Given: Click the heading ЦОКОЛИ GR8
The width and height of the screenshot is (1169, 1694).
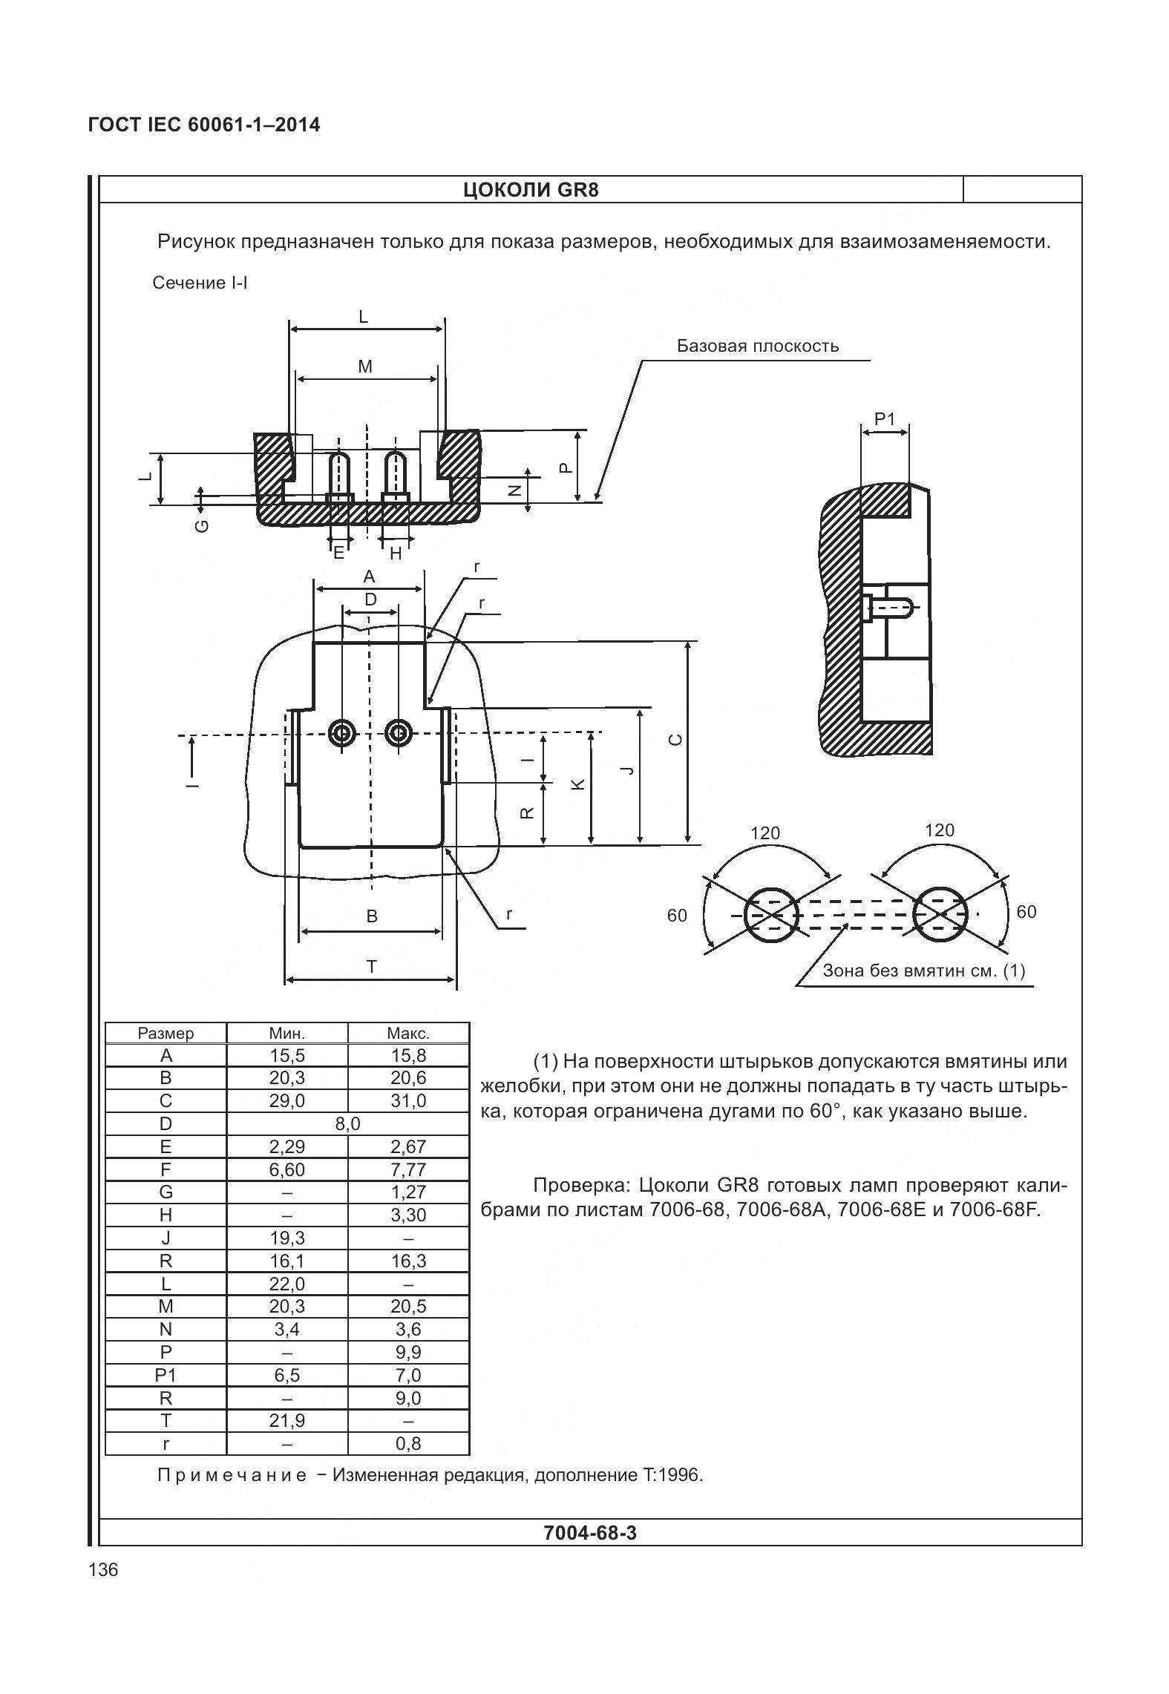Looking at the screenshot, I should (x=530, y=190).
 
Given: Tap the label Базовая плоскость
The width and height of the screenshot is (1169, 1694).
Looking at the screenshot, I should (x=757, y=346).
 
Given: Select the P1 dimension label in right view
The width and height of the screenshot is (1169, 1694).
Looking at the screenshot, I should (x=885, y=419).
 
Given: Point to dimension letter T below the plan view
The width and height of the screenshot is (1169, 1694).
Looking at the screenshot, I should (x=371, y=966).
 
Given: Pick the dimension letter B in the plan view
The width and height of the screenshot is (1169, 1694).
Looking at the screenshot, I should (x=372, y=916).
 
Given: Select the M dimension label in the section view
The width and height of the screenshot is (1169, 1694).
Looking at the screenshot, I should (x=364, y=367).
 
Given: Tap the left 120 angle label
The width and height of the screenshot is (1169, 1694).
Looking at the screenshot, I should (x=764, y=833).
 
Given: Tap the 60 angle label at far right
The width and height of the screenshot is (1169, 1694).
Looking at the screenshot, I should (x=1026, y=912).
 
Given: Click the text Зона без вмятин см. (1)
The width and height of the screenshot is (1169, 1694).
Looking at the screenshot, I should (x=923, y=971).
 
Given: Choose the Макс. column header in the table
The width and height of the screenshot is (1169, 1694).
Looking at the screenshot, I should (x=408, y=1034).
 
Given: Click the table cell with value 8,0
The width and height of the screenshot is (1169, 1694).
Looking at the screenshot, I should (x=347, y=1124).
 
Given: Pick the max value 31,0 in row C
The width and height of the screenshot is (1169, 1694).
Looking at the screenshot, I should (x=408, y=1101).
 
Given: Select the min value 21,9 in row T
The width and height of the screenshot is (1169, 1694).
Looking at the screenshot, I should (x=286, y=1420).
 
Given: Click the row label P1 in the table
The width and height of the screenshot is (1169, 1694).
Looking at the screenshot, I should (x=166, y=1375).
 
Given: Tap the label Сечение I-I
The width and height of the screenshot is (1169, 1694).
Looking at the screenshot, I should (x=200, y=283).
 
